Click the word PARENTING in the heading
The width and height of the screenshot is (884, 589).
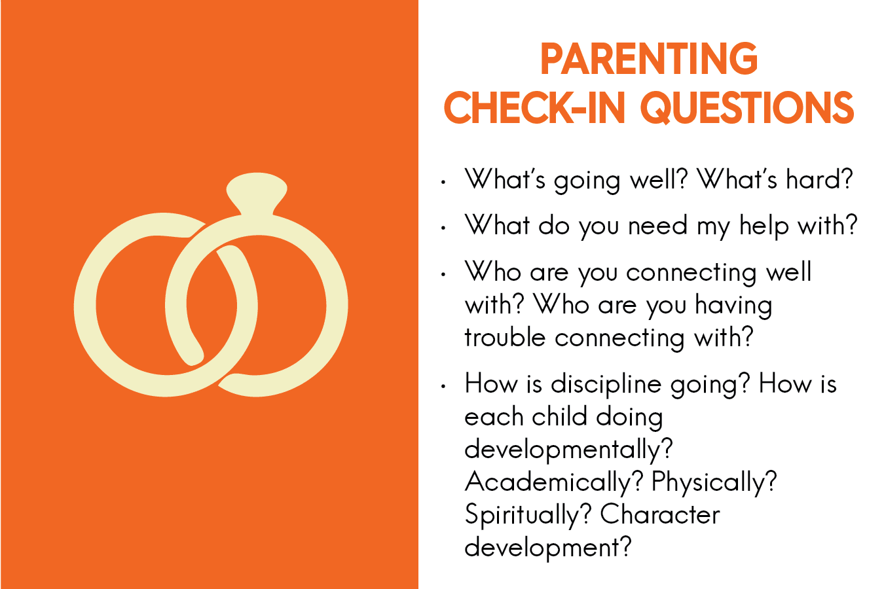pyautogui.click(x=649, y=59)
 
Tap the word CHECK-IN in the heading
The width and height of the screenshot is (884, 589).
pyautogui.click(x=535, y=108)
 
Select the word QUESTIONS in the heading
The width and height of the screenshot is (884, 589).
pyautogui.click(x=747, y=108)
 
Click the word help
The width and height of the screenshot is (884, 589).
pyautogui.click(x=764, y=226)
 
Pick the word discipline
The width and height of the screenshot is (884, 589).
pyautogui.click(x=606, y=385)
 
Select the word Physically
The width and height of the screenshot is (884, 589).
pyautogui.click(x=714, y=483)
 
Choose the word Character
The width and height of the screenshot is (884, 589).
pyautogui.click(x=660, y=514)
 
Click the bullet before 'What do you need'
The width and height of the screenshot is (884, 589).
pyautogui.click(x=443, y=228)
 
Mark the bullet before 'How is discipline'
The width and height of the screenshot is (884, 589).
pyautogui.click(x=443, y=386)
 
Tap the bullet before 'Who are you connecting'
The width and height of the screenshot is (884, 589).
pyautogui.click(x=443, y=274)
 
